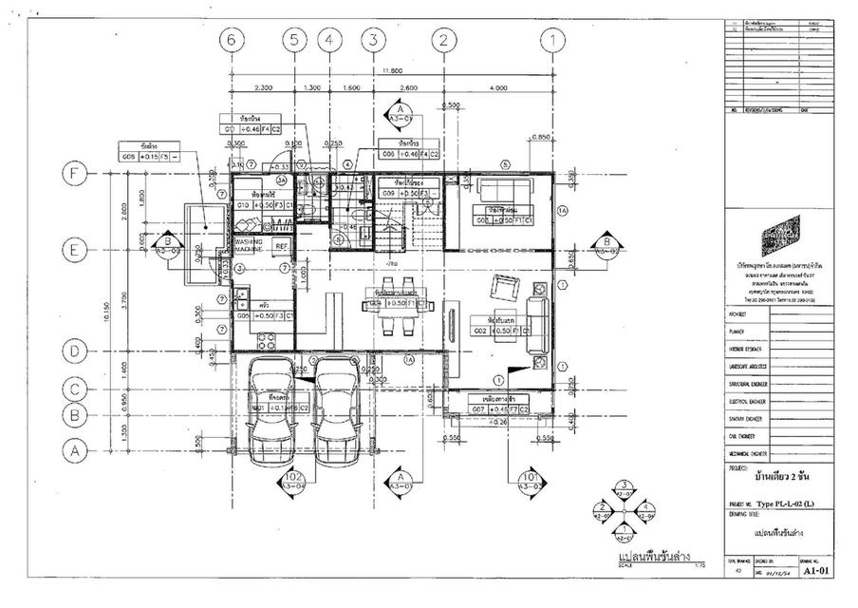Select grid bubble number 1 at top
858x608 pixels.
pos(552,40)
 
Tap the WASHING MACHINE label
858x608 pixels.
pos(249,245)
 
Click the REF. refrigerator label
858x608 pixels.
pos(281,245)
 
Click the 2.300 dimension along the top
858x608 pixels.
pos(263,88)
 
